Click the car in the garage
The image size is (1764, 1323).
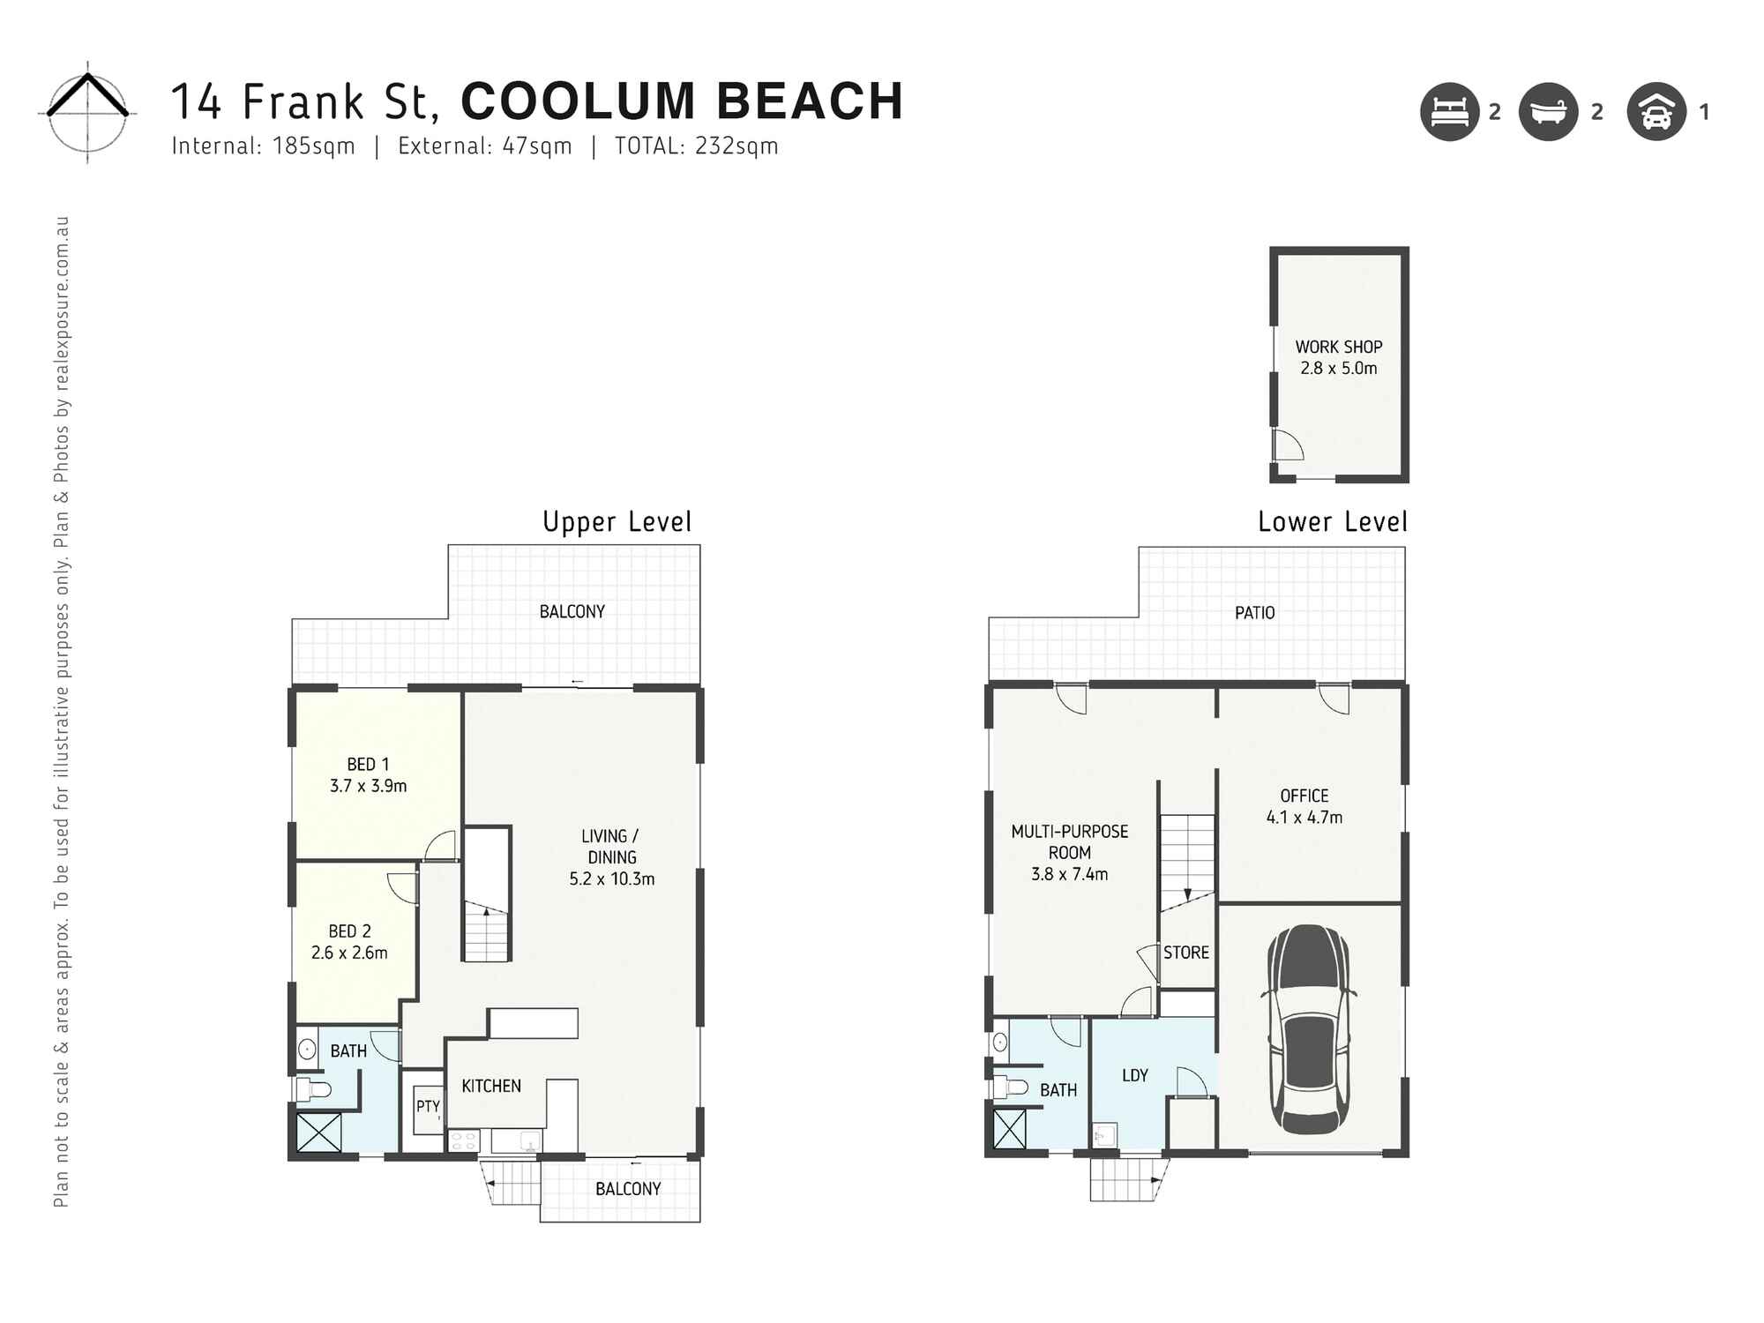[1309, 1029]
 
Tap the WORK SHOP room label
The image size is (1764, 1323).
[1338, 347]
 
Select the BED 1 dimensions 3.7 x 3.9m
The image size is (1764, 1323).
[368, 786]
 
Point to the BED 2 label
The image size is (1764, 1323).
[349, 931]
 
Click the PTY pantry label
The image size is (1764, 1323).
[428, 1106]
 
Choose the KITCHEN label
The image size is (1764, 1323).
[491, 1086]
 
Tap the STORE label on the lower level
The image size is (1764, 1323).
[1185, 953]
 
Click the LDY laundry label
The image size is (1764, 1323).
[1134, 1075]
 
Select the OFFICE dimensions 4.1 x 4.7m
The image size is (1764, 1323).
[1304, 818]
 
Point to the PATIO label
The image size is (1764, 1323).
[1254, 612]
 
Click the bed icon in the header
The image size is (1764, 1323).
[1449, 112]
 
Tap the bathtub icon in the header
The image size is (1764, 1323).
[1548, 112]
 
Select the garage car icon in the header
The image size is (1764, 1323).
[1656, 112]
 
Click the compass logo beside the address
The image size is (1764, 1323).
[87, 112]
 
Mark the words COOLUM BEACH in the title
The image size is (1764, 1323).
[682, 101]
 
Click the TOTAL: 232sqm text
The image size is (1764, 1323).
[696, 146]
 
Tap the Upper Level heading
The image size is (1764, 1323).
[617, 522]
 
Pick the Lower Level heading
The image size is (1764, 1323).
[1332, 522]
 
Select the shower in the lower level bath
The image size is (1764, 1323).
[1010, 1128]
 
